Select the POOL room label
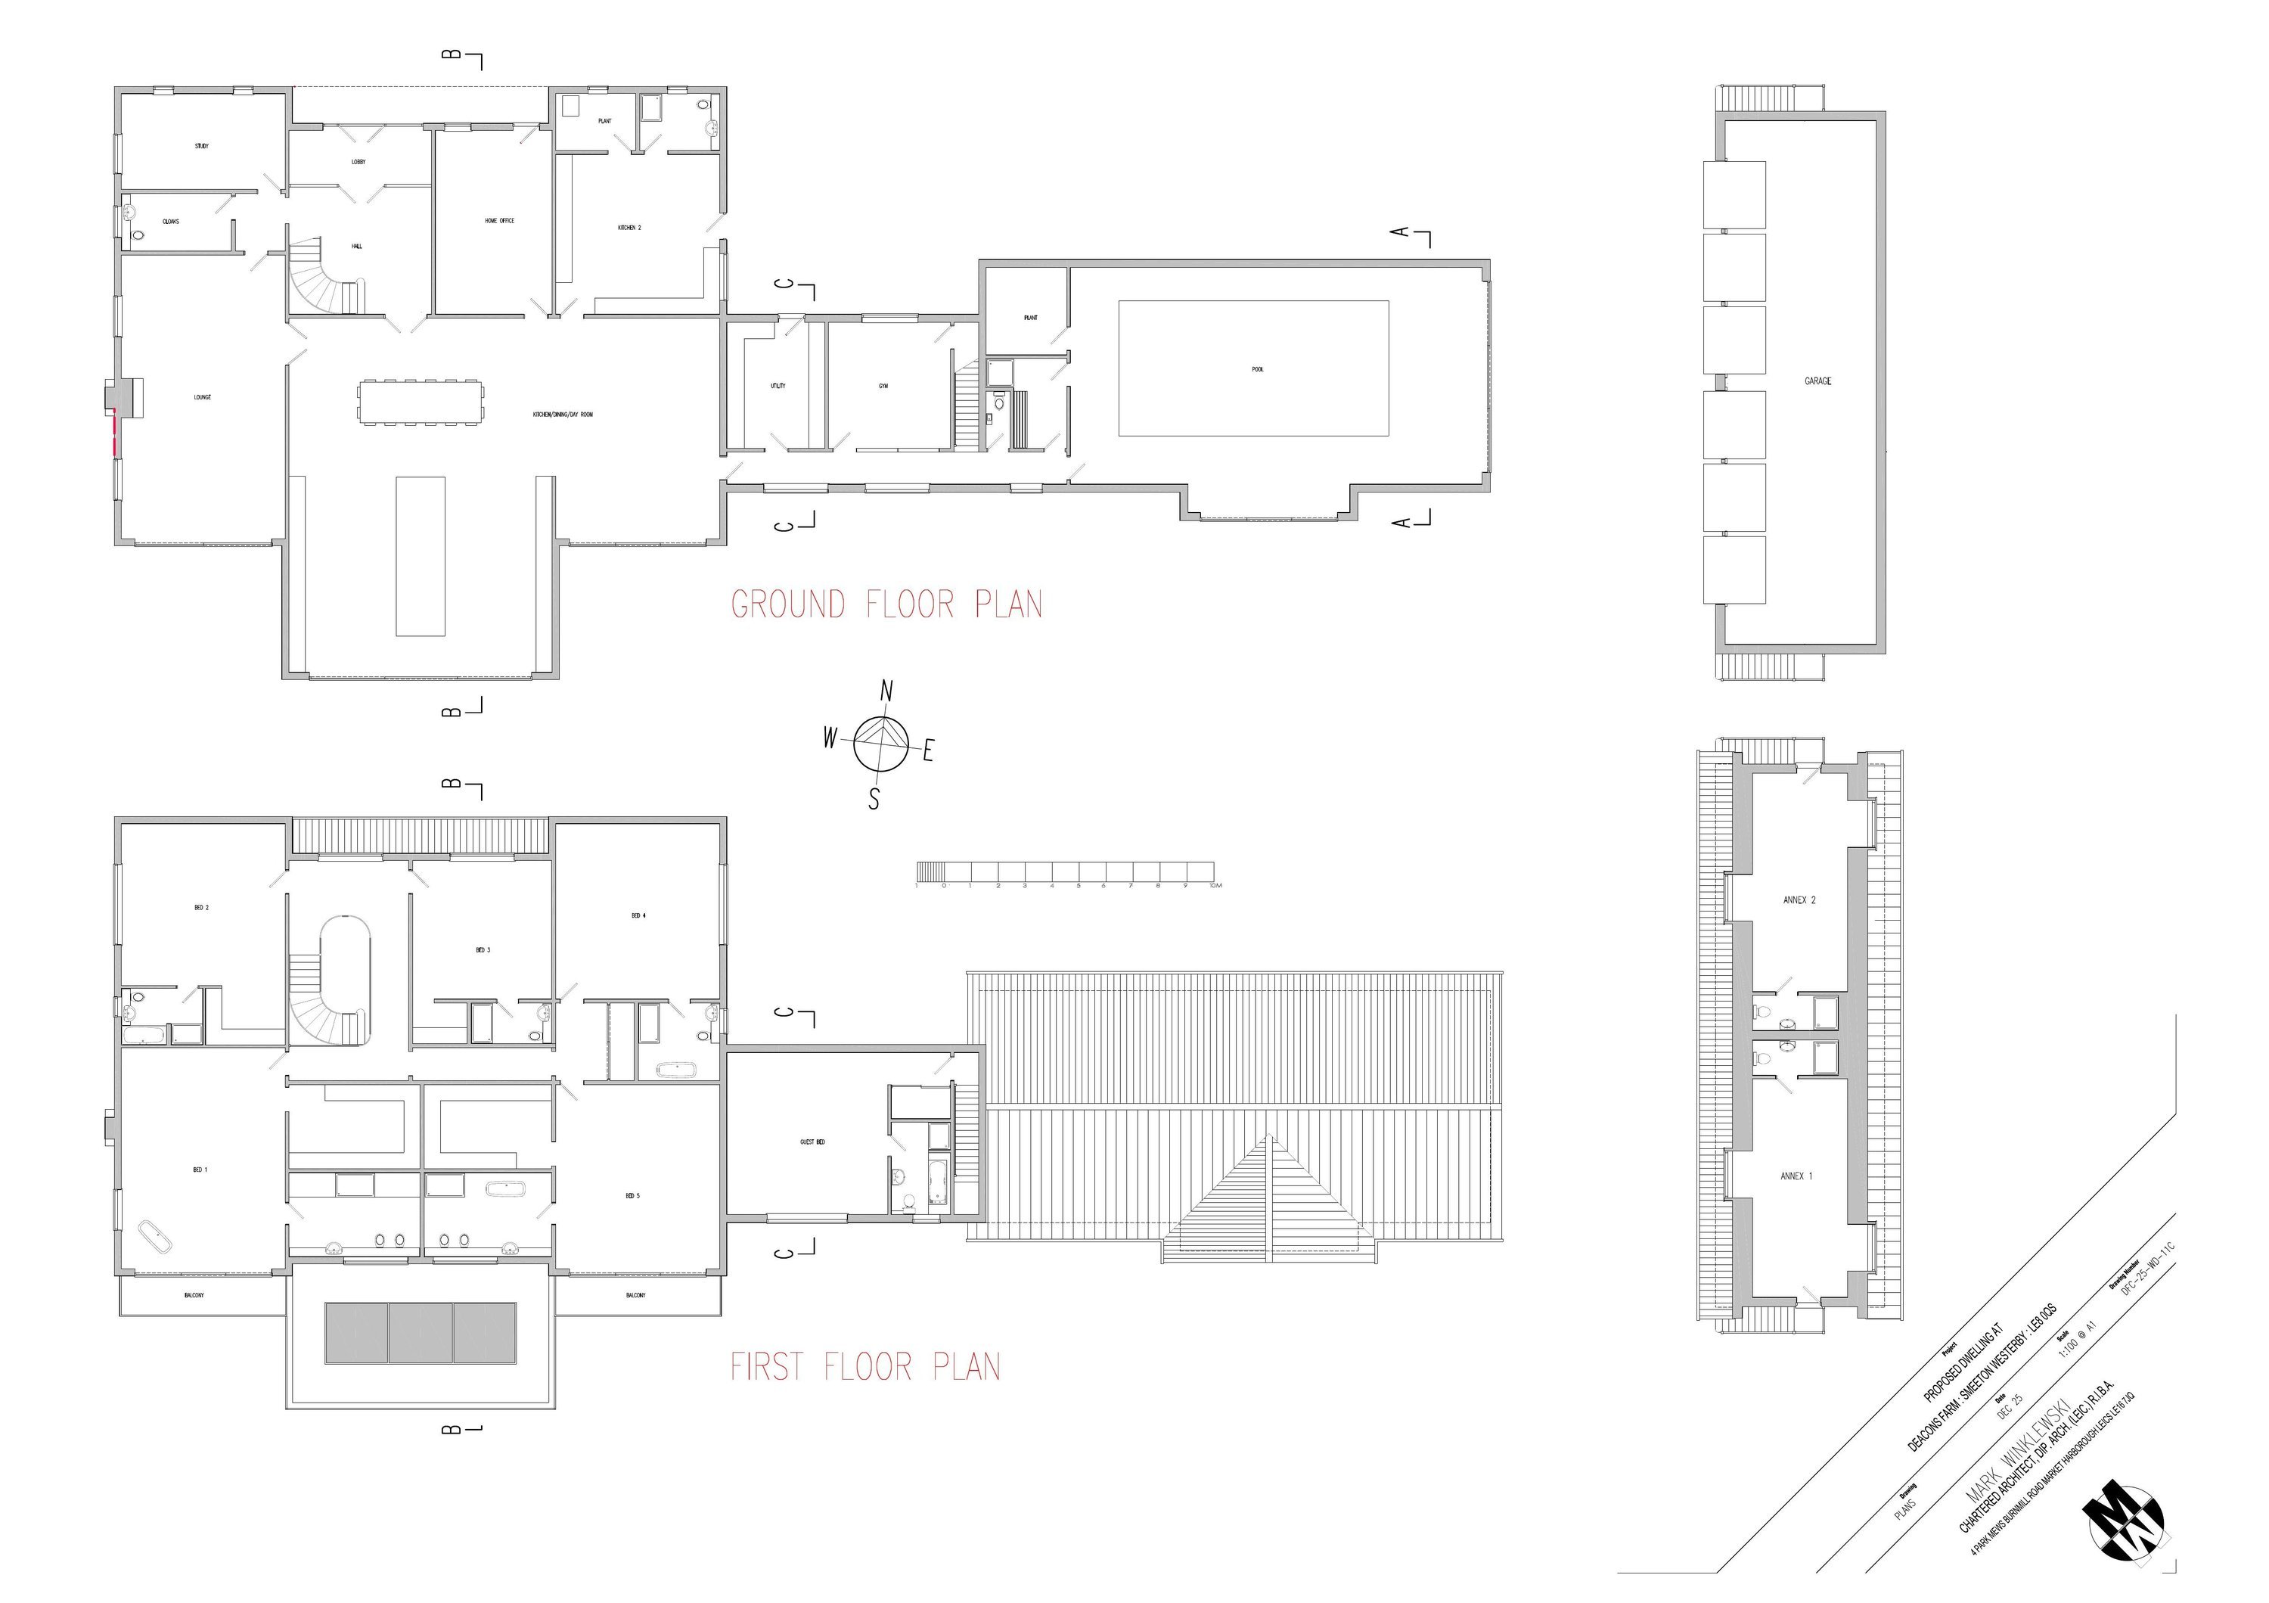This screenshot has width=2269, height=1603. (x=1257, y=370)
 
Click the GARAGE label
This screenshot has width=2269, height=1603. (x=1817, y=381)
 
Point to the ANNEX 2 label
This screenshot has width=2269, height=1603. (x=1799, y=900)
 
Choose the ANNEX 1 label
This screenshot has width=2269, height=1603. (x=1796, y=1176)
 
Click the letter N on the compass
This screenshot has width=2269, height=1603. (x=886, y=691)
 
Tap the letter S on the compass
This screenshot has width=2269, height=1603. (x=874, y=800)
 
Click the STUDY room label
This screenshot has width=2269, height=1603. (x=202, y=146)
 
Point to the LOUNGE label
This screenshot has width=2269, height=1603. (x=202, y=397)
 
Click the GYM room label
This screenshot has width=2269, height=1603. (x=883, y=387)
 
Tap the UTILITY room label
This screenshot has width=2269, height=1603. (x=778, y=387)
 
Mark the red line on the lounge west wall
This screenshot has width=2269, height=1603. (x=115, y=433)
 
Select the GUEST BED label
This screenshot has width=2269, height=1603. (x=812, y=1142)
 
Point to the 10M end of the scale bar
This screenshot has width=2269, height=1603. (x=1214, y=886)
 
